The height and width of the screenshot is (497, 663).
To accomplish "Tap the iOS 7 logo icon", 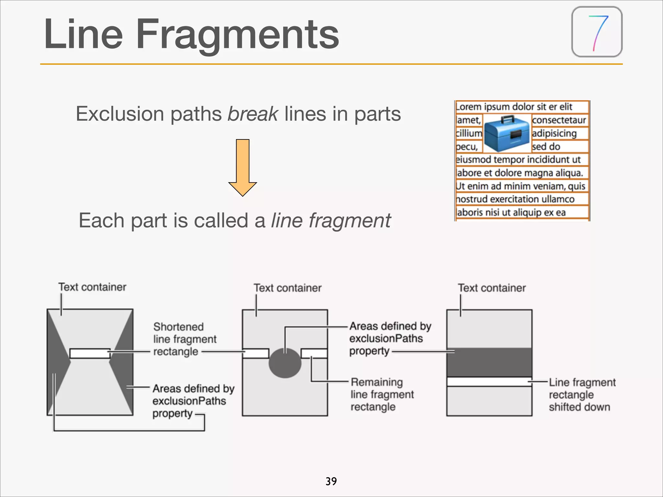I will [597, 32].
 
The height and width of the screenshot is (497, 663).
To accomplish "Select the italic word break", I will [253, 114].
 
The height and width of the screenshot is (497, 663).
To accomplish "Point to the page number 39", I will [331, 481].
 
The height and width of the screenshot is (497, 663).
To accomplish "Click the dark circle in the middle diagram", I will [285, 363].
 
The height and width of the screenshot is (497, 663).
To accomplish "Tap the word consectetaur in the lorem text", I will [559, 120].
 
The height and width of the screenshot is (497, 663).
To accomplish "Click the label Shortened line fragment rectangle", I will [184, 339].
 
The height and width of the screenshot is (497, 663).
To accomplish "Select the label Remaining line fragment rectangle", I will [382, 394].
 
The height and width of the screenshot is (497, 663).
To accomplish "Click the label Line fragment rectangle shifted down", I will [582, 394].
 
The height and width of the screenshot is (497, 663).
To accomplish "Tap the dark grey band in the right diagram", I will [489, 362].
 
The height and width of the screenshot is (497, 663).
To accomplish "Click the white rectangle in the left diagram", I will [90, 353].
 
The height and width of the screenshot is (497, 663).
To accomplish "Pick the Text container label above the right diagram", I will [491, 288].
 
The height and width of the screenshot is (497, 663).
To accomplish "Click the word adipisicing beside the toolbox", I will [554, 133].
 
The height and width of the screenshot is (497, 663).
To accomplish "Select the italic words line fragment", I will [331, 221].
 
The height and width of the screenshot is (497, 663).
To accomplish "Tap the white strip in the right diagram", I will [489, 382].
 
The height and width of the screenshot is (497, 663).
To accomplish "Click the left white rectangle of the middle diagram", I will [256, 353].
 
